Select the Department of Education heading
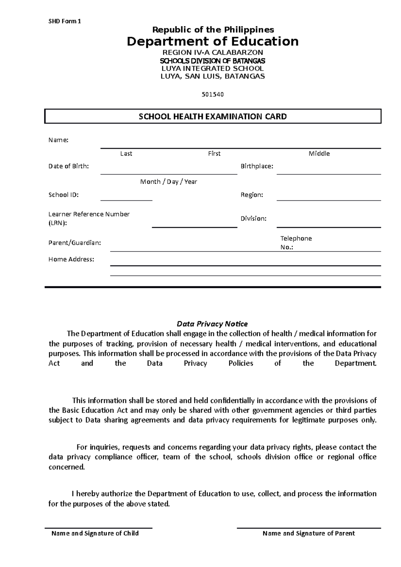(x=213, y=41)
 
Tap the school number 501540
(x=213, y=94)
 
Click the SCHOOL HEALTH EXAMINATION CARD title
(x=213, y=117)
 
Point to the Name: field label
(x=58, y=140)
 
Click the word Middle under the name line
(x=319, y=154)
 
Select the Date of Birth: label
(x=69, y=166)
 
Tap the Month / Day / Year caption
(x=168, y=182)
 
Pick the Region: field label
(x=252, y=195)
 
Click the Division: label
(x=253, y=219)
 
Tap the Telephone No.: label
(x=296, y=243)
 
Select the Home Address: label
(x=71, y=259)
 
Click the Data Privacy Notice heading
(x=212, y=324)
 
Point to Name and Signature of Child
(x=95, y=533)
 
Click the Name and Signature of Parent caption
(x=308, y=533)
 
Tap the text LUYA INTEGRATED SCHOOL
(x=213, y=68)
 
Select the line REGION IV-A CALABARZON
(x=213, y=52)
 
